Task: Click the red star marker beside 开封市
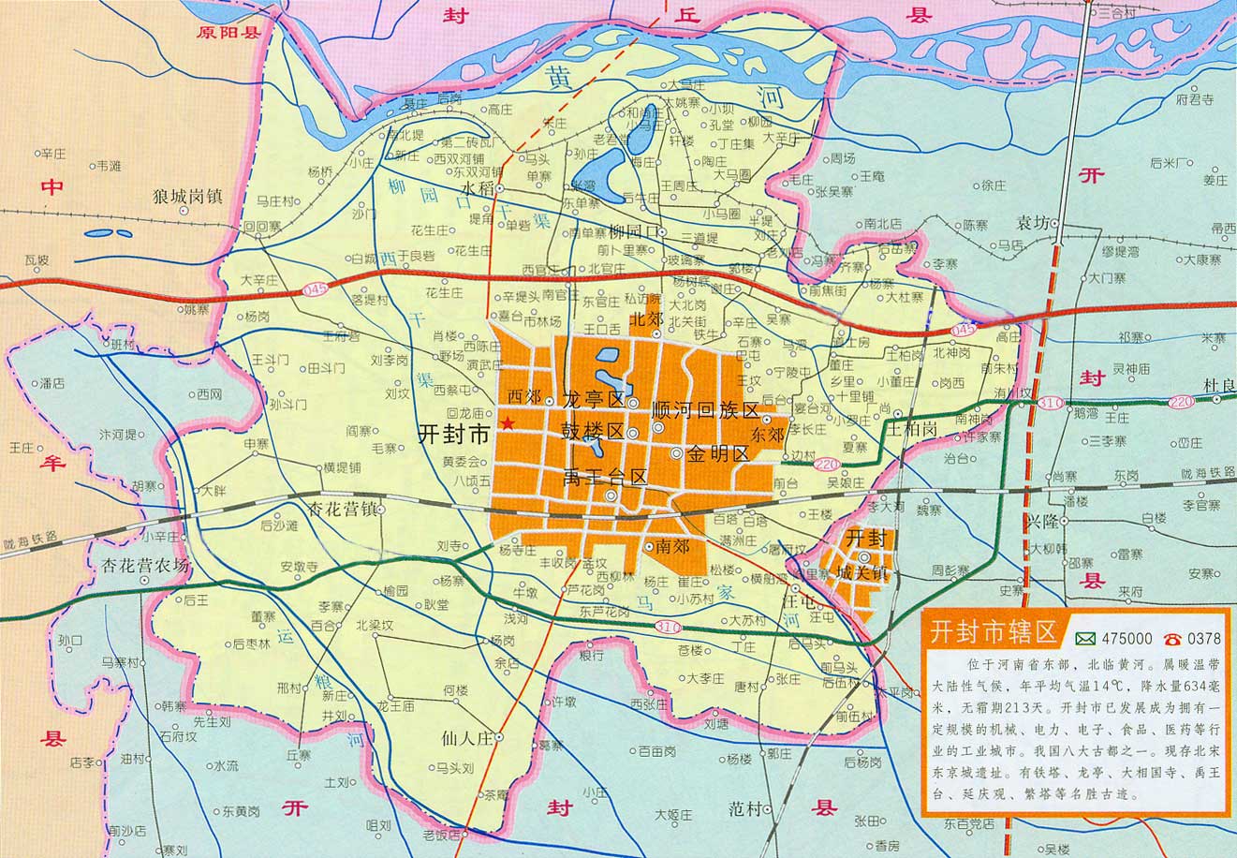tap(508, 423)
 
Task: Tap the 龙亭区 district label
tap(593, 399)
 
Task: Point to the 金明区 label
tap(717, 454)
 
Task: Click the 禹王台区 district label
tap(605, 477)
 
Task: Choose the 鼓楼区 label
tap(592, 432)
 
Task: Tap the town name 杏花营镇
tap(342, 510)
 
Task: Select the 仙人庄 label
tap(465, 738)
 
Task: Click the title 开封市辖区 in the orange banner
tap(993, 631)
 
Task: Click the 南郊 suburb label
tap(673, 544)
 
